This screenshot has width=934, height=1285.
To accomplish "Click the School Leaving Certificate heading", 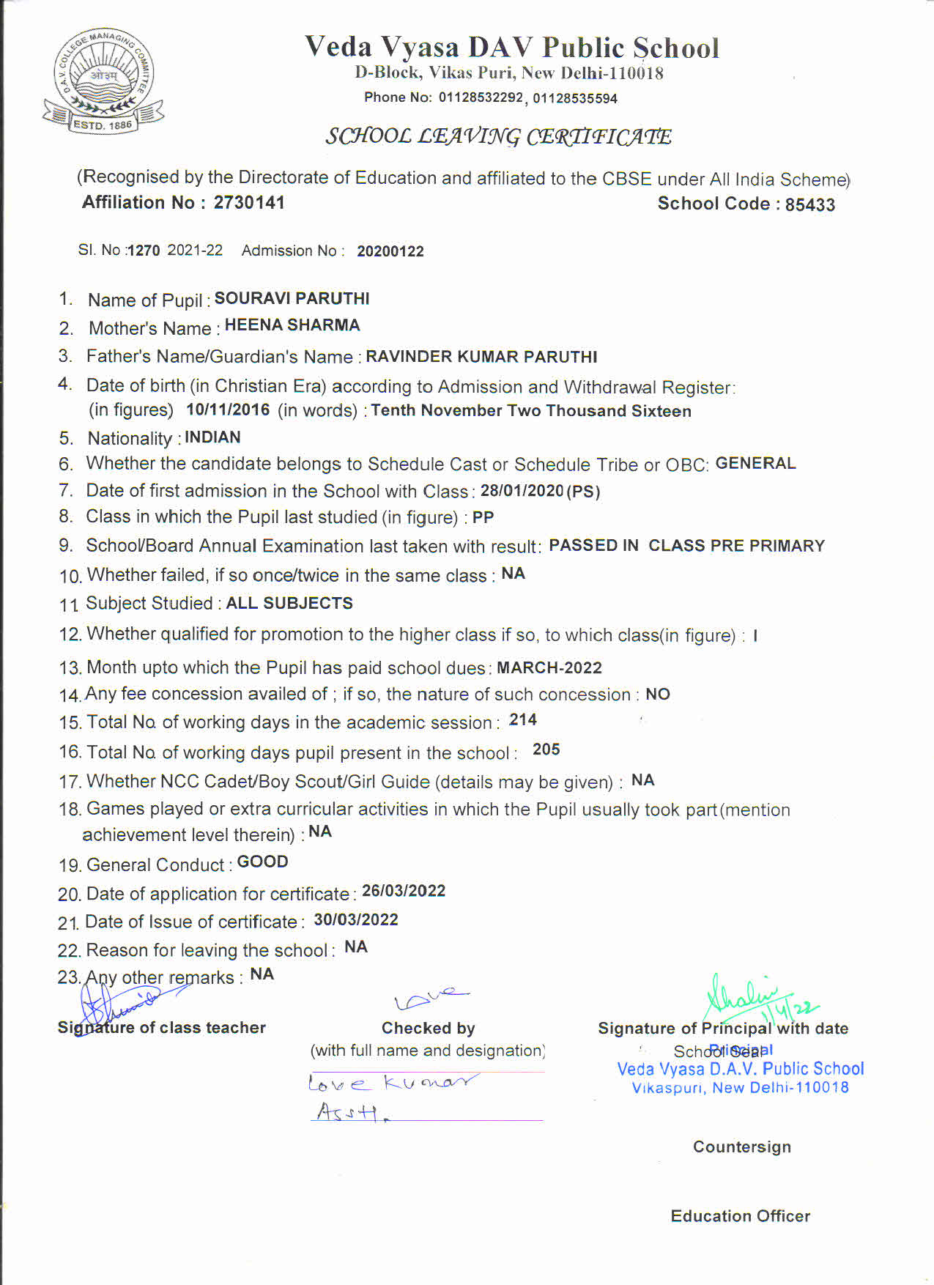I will click(x=498, y=136).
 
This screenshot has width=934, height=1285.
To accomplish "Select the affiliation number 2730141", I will click(x=249, y=202).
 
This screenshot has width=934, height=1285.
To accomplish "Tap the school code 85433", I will click(x=809, y=204).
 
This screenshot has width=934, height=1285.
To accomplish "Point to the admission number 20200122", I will click(x=390, y=251).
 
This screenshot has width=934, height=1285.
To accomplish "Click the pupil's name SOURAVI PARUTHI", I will click(x=292, y=298).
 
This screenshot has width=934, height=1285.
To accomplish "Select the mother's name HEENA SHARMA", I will click(x=292, y=325).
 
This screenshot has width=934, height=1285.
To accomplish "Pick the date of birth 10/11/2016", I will click(x=228, y=410).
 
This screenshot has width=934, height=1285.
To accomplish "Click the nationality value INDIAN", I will click(x=212, y=437).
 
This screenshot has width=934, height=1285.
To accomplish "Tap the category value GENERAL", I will click(x=755, y=463).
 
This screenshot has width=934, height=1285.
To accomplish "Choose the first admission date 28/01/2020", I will click(x=522, y=491).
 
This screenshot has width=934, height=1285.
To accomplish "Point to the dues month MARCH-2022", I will click(x=549, y=667).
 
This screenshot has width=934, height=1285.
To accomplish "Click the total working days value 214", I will click(x=523, y=720).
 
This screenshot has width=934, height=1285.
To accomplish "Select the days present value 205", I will click(x=546, y=749).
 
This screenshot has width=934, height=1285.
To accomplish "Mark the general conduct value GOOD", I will click(x=262, y=862).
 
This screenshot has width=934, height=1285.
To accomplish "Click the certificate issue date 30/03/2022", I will click(x=356, y=919).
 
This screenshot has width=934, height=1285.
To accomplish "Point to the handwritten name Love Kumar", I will click(x=392, y=1082).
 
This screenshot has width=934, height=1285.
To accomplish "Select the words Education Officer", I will click(x=740, y=1216).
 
